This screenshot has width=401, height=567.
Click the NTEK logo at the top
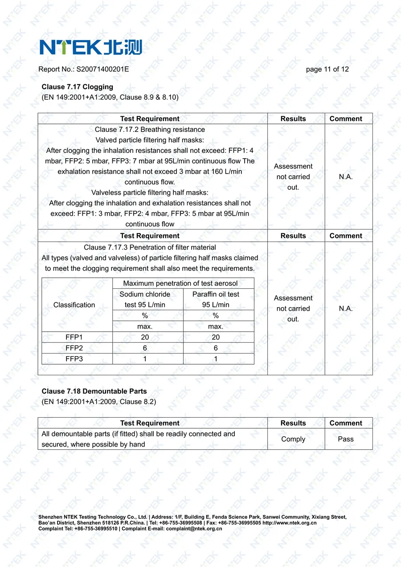coord(90,47)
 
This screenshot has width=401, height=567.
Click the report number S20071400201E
coord(102,69)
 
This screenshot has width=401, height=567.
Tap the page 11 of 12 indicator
coord(327,69)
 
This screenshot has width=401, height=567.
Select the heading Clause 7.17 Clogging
coord(78,87)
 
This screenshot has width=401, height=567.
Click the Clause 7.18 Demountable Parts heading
coord(94,391)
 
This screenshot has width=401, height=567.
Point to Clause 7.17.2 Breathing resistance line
coord(150,130)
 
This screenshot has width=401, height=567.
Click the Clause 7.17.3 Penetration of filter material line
coord(150,247)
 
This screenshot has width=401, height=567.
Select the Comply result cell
coord(293,439)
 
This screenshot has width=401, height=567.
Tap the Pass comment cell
coord(346,439)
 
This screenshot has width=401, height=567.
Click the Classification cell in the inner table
coord(74,305)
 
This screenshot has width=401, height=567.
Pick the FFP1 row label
coord(74,337)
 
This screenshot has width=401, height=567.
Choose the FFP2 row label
coord(74,348)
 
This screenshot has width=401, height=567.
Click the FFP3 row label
coord(74,359)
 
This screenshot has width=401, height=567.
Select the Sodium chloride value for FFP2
coord(145,348)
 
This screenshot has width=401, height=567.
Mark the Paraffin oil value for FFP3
coord(216,359)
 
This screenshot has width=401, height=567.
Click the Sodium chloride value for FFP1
coord(145,337)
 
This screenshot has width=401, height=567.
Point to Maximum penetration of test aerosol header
coord(180,283)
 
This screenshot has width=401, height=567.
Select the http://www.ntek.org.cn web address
coord(289,523)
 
